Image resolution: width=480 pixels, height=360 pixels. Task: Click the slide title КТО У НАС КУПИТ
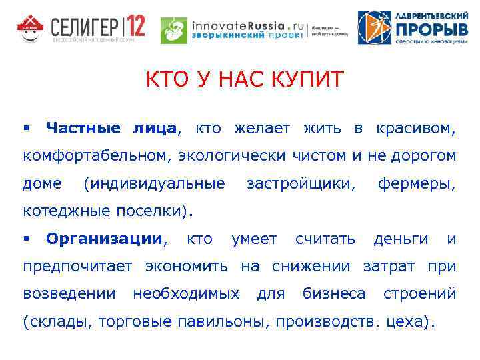[245, 81]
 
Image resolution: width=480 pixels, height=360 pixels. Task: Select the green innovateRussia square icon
[175, 30]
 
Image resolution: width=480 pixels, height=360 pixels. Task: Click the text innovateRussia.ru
[247, 25]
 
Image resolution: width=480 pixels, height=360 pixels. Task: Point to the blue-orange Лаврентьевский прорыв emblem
[374, 27]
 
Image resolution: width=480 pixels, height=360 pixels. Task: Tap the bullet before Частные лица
[27, 127]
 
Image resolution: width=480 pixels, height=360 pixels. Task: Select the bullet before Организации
[27, 238]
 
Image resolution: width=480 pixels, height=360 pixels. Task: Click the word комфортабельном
[96, 156]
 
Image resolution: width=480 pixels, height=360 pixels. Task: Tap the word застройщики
[300, 183]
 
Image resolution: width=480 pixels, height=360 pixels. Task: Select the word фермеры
[416, 183]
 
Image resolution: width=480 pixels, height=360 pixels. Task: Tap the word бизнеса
[334, 294]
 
